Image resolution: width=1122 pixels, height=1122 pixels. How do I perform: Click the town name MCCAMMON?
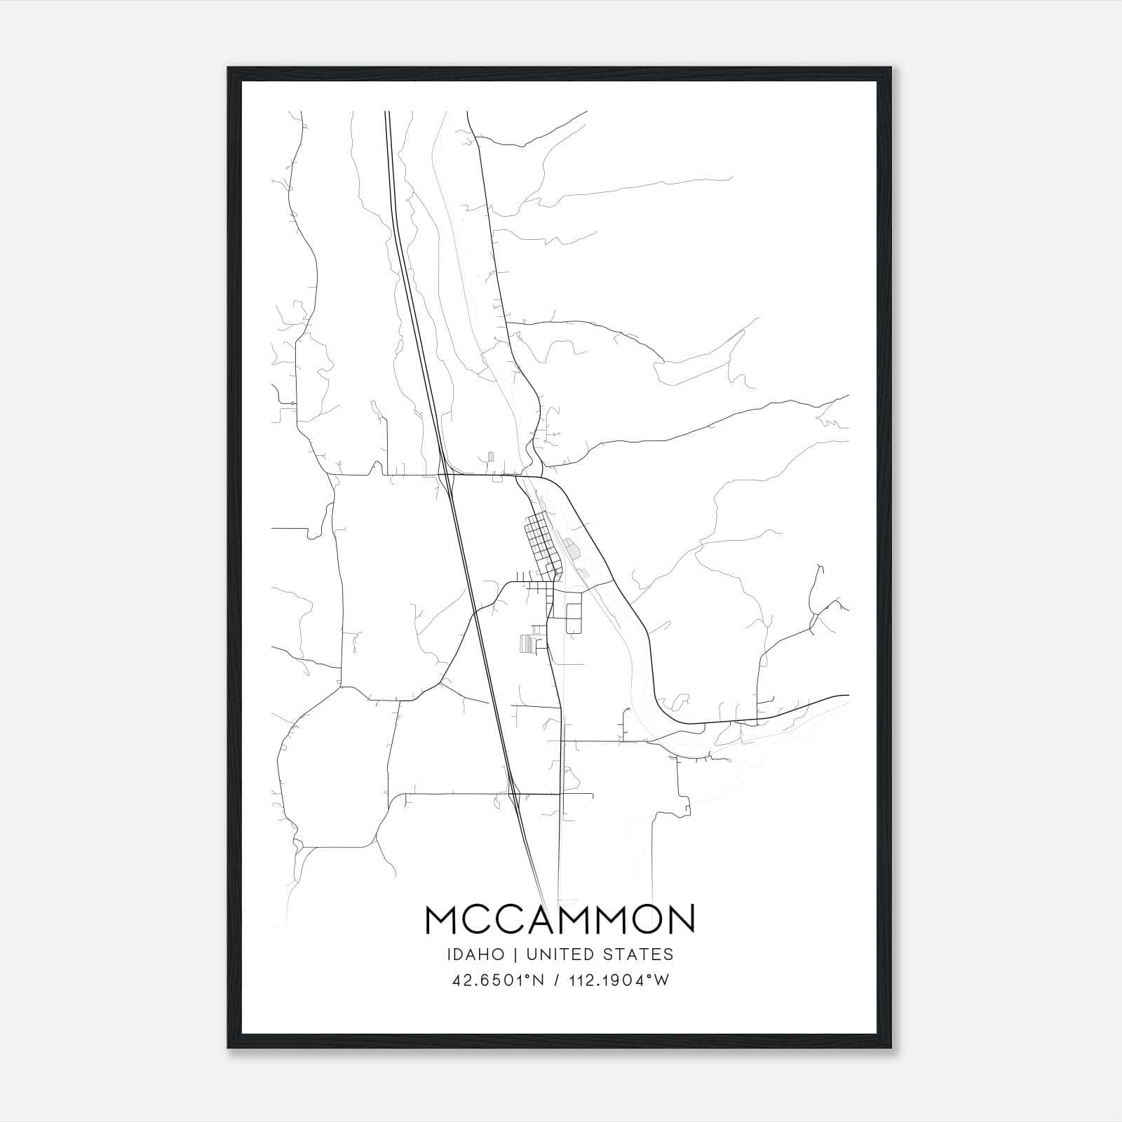(560, 919)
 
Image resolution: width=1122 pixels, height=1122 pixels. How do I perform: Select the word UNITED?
(557, 954)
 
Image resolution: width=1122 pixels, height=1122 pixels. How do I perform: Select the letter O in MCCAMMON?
(639, 919)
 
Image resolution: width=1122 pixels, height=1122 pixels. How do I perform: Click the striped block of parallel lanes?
(526, 643)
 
